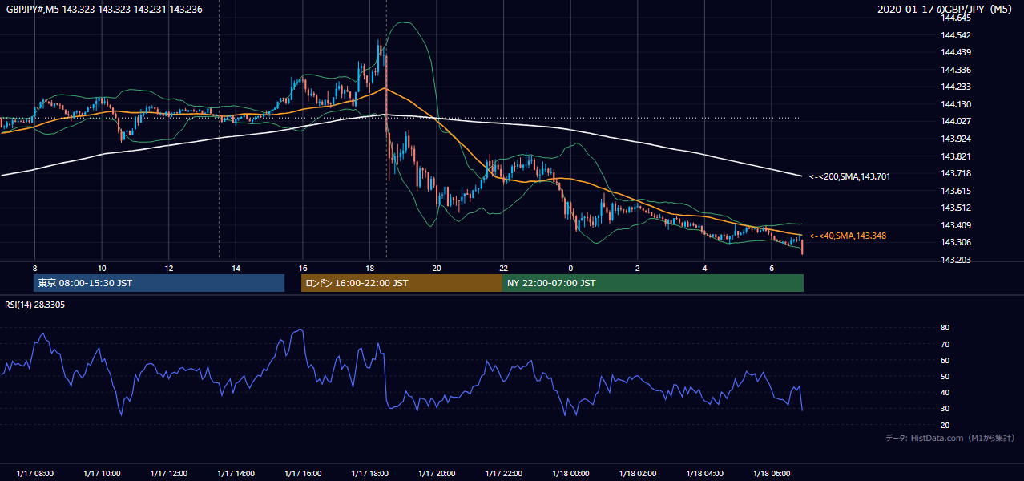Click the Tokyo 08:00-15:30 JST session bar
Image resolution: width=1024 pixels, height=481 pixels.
159,283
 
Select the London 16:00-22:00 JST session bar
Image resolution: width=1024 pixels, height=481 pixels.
401,283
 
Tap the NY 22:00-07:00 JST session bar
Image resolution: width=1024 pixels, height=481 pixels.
653,283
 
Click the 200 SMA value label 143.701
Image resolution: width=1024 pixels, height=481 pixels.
850,176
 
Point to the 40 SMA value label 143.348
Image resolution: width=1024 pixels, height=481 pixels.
848,236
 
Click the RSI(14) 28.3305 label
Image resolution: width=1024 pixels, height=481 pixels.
34,305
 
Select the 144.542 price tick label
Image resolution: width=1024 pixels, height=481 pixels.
956,35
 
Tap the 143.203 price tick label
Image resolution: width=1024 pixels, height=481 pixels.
956,260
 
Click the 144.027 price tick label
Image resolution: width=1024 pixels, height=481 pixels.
956,121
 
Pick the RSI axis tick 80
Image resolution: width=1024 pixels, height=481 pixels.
945,327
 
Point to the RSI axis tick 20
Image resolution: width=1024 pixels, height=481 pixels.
945,425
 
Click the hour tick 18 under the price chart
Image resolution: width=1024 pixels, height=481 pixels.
370,269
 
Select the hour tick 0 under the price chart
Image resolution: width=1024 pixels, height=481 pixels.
570,269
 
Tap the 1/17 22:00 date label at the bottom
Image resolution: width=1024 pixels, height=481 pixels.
504,473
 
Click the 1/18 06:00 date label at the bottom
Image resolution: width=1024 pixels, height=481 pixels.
772,473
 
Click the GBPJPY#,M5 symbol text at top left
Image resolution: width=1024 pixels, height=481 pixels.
33,10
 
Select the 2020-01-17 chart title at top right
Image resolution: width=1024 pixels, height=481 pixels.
945,10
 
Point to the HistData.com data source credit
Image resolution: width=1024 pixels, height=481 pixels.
950,438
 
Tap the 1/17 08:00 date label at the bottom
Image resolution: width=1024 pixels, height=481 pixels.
34,473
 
